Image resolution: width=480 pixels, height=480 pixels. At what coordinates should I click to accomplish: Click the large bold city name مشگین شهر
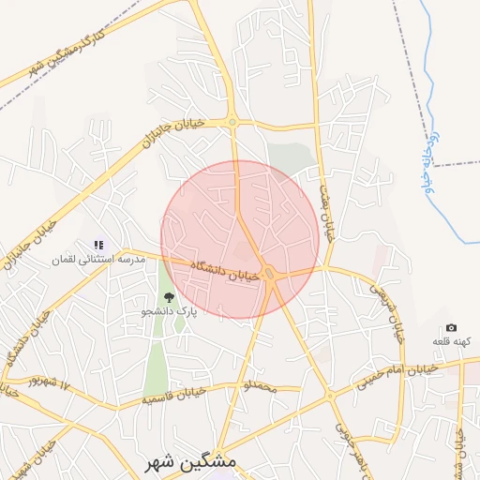[x=187, y=463]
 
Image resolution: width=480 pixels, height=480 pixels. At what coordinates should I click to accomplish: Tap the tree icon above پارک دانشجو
[x=169, y=298]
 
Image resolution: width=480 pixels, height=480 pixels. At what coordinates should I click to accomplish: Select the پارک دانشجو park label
[x=170, y=312]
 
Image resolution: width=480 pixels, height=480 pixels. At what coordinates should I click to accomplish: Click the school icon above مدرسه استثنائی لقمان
[x=99, y=246]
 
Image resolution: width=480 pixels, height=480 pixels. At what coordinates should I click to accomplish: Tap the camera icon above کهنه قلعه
[x=452, y=328]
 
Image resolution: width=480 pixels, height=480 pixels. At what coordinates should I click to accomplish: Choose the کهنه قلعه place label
[x=451, y=341]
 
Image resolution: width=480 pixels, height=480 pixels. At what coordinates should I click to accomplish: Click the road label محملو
[x=260, y=386]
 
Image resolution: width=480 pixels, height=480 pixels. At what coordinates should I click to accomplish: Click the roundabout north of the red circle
[x=232, y=121]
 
